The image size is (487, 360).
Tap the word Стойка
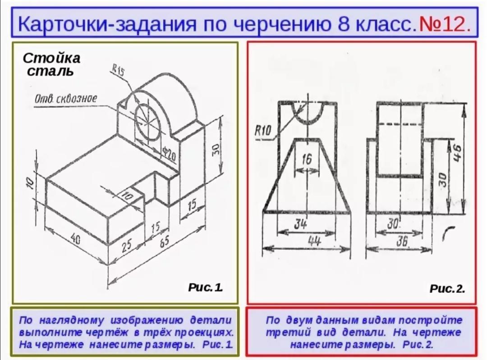pos(51,58)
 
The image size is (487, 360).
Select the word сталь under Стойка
pos(50,71)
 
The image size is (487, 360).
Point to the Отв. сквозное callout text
pos(65,99)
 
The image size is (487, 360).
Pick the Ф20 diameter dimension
pos(169,153)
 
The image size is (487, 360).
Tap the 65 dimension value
pos(165,240)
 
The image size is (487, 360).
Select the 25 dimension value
pos(126,246)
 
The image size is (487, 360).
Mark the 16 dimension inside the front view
pos(306,159)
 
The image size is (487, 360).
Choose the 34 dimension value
pos(300,224)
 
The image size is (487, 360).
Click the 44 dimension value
pos(314,241)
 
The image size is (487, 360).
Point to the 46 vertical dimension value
pos(457,153)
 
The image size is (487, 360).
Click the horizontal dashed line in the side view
pos(400,124)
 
